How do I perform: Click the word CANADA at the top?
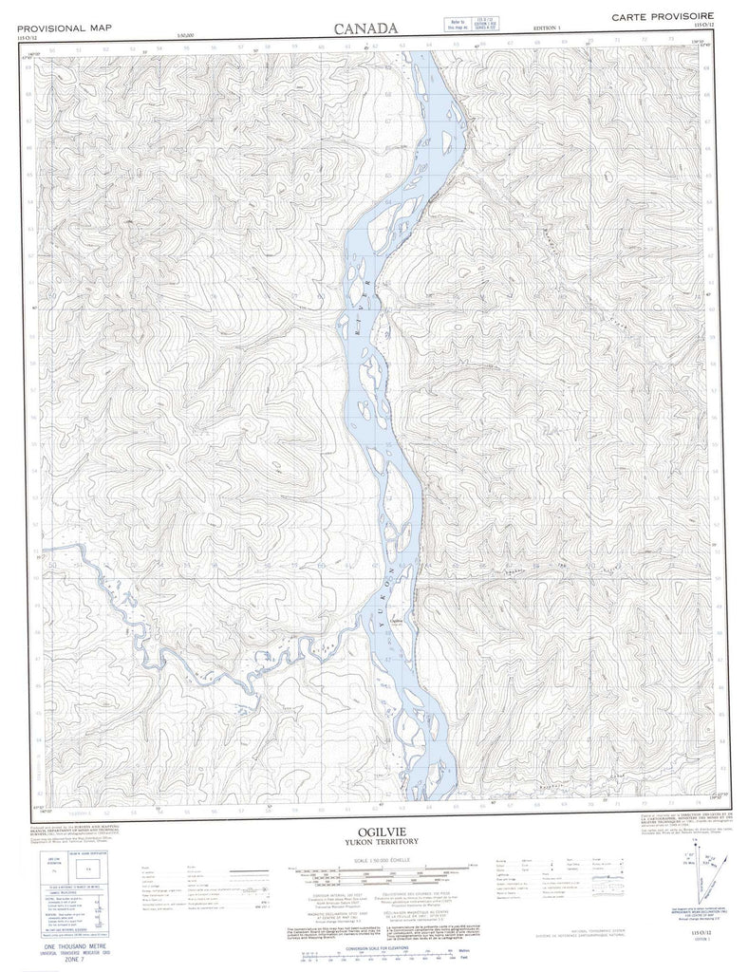365,29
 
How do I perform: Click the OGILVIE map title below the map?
374,831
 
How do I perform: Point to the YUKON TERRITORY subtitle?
374,842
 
